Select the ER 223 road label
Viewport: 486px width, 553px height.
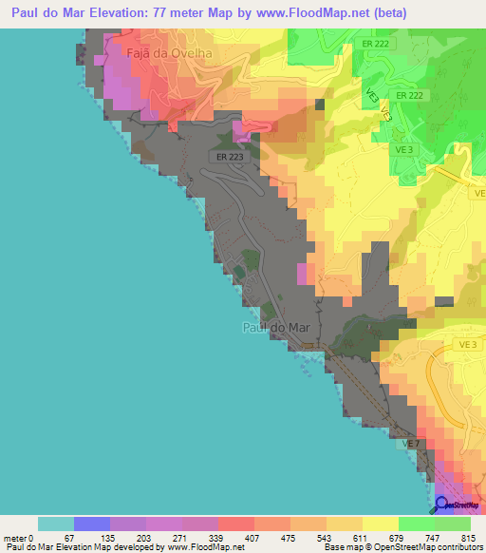point(230,156)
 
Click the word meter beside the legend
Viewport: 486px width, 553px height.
point(15,537)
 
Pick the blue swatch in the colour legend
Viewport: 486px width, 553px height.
point(92,524)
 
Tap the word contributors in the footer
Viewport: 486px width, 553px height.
point(453,547)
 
